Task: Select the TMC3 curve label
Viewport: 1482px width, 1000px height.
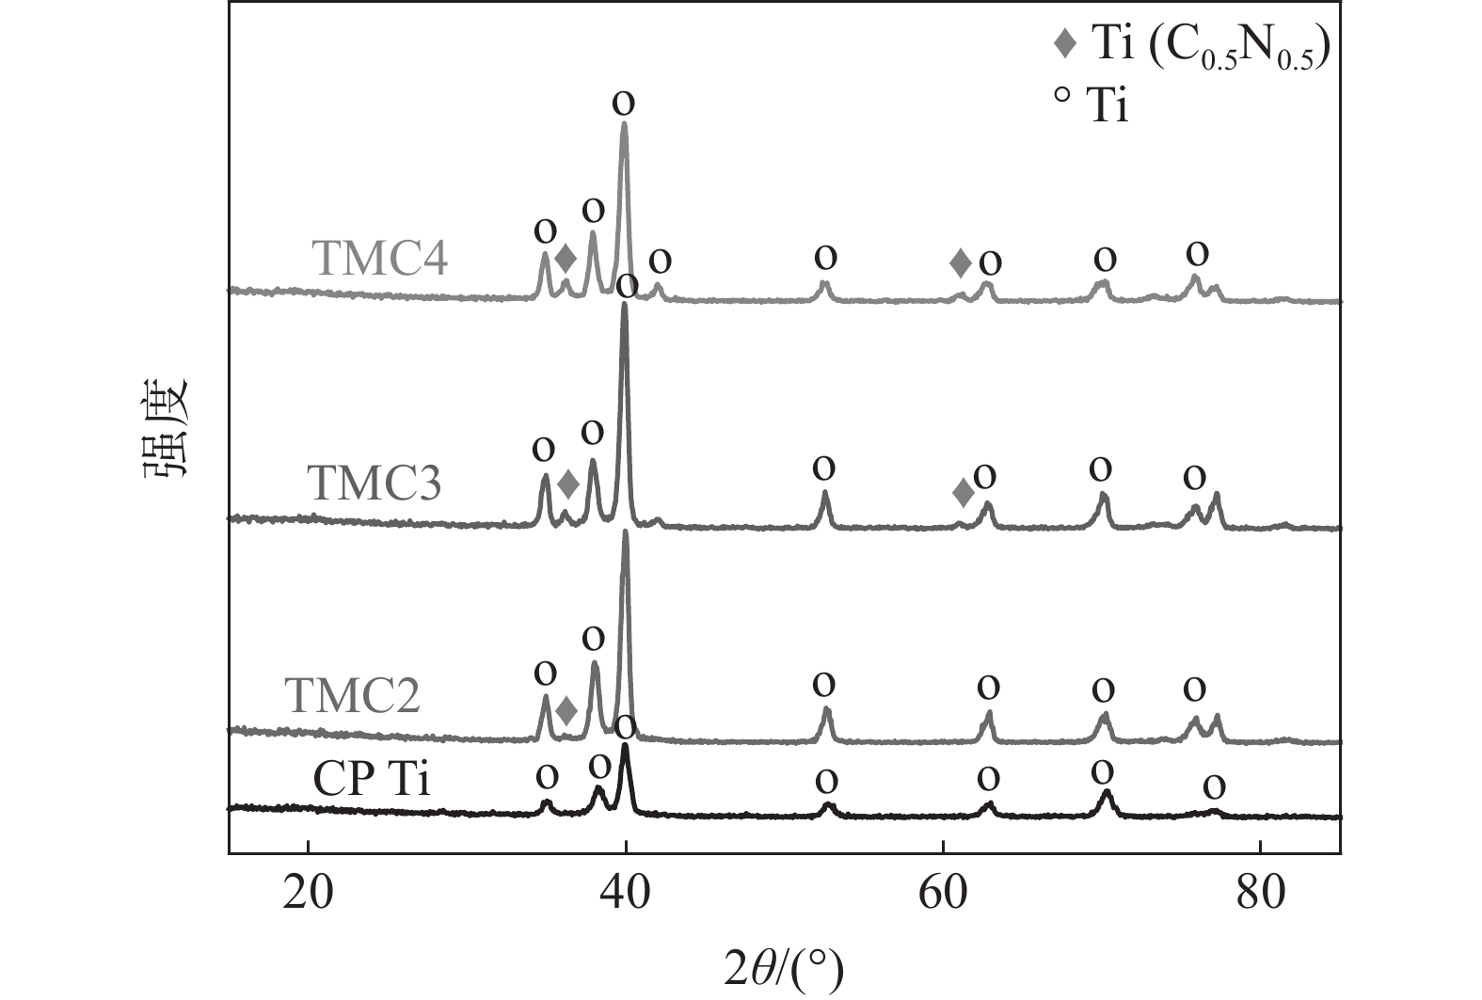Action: [x=374, y=484]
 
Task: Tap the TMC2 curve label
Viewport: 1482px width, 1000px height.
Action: [x=352, y=697]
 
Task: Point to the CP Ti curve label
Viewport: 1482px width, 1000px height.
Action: [x=372, y=780]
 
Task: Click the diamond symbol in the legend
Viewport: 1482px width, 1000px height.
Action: [x=1064, y=44]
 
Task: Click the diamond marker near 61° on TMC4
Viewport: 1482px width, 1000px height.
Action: [x=960, y=262]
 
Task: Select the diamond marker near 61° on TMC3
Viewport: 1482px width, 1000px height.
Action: [x=962, y=492]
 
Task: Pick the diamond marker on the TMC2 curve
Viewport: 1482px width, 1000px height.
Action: [x=566, y=711]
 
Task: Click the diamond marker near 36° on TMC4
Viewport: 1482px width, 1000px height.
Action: [x=565, y=257]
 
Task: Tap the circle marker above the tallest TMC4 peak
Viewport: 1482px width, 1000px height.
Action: [x=623, y=103]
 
